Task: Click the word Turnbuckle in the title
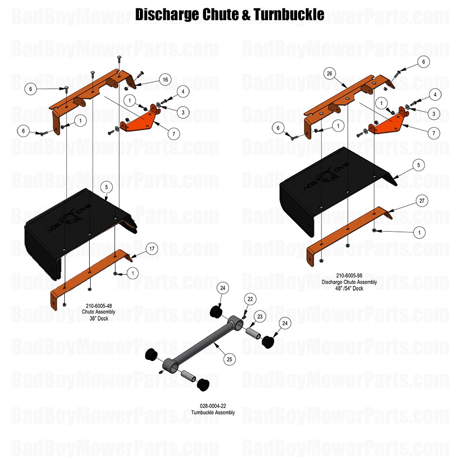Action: (x=289, y=15)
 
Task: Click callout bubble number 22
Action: (x=250, y=299)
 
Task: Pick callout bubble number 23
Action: (x=259, y=317)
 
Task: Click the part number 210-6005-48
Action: (x=99, y=306)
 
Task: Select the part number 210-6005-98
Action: (x=349, y=276)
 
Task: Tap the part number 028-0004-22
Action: (x=213, y=406)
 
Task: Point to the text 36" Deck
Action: (x=99, y=318)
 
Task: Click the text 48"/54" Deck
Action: (x=349, y=288)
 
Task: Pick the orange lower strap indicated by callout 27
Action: (x=347, y=230)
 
